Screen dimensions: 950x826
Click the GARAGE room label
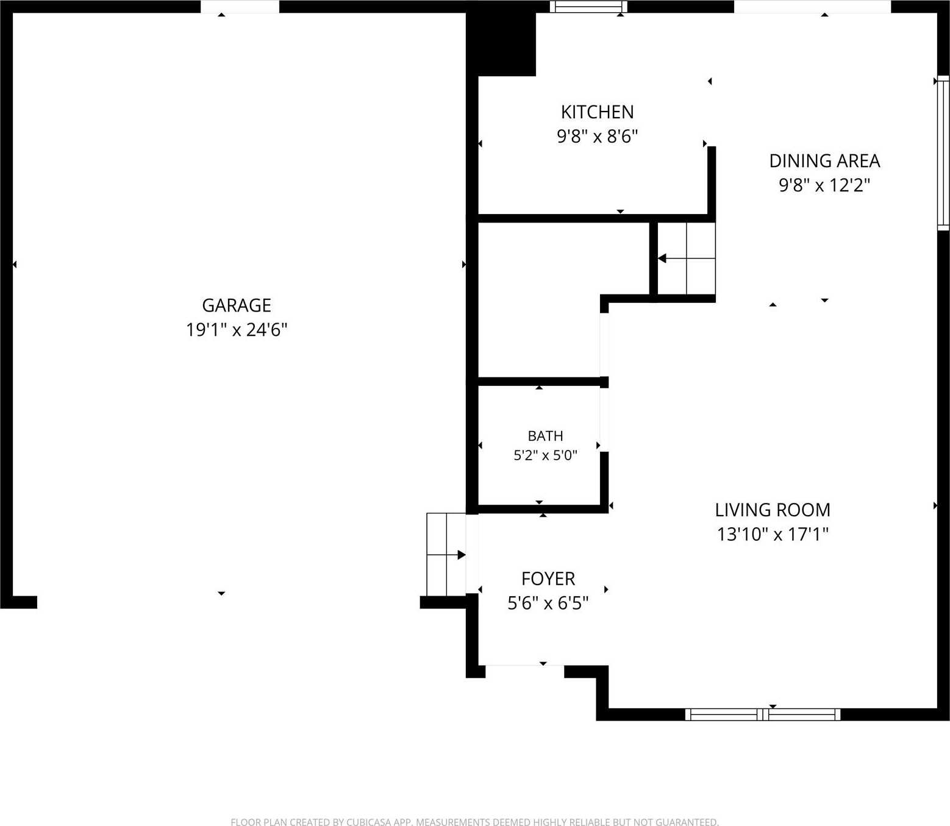[x=237, y=305]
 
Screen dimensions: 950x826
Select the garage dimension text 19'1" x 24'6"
[x=237, y=330]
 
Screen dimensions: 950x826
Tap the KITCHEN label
[x=597, y=112]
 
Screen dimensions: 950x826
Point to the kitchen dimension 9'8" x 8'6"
[x=597, y=137]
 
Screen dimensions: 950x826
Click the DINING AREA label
[x=824, y=161]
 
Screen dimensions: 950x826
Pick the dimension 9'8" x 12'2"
[x=824, y=185]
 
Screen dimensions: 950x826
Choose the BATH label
[x=546, y=436]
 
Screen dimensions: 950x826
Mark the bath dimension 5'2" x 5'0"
[x=545, y=455]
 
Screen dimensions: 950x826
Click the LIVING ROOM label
[x=773, y=510]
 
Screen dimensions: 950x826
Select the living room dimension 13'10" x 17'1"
[x=773, y=534]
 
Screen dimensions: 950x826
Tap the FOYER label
[x=548, y=579]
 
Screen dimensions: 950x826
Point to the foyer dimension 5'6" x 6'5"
[x=548, y=603]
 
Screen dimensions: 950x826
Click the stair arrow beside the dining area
[x=686, y=258]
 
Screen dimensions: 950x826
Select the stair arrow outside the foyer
[x=446, y=555]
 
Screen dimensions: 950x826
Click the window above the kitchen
[x=589, y=7]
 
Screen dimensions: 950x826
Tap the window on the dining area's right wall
[x=943, y=152]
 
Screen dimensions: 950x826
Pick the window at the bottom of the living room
[x=763, y=714]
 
